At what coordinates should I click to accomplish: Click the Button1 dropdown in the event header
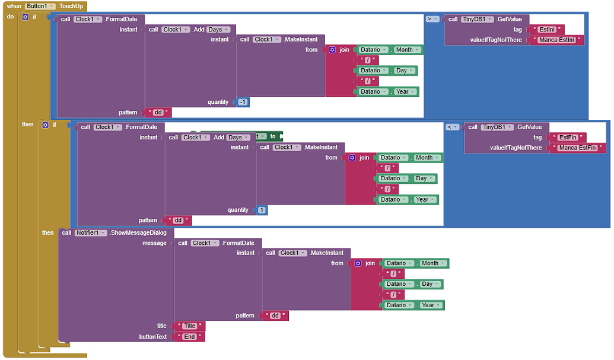pos(40,6)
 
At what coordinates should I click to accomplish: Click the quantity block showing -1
pos(243,102)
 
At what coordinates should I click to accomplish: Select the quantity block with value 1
pos(262,210)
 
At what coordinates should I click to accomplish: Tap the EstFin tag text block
pos(568,137)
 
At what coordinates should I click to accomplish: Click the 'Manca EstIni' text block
pos(556,40)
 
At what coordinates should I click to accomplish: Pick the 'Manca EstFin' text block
pos(577,148)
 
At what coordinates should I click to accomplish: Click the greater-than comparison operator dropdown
pos(432,19)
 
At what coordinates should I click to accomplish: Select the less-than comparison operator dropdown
pos(452,127)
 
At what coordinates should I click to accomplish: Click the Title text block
pos(189,326)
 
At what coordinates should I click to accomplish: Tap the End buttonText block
pos(189,336)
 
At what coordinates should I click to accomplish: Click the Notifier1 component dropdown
pos(91,232)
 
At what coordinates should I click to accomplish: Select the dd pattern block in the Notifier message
pos(275,316)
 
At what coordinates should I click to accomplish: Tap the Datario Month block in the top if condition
pos(407,50)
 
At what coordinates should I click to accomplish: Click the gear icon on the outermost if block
pos(25,17)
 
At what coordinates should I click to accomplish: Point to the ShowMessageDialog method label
pos(138,232)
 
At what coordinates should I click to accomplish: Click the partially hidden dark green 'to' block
pos(273,136)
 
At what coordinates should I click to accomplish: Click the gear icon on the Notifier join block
pos(358,263)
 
